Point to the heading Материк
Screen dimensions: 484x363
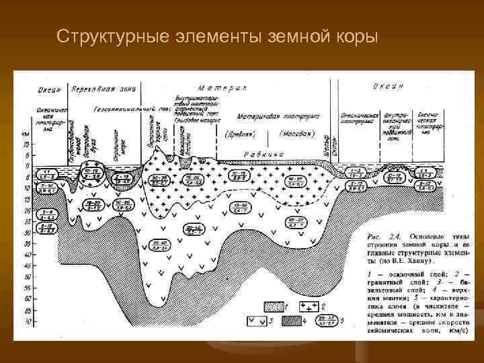tap(223, 88)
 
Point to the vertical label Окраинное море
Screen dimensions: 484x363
tap(117, 143)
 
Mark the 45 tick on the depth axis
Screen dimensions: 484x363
tap(26, 266)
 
